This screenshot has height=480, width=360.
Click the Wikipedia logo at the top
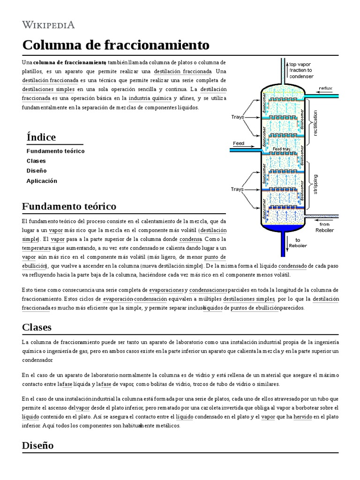49,25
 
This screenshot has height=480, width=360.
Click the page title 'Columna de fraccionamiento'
115,45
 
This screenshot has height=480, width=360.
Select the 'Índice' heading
41,137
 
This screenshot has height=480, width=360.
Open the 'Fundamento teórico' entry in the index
55,151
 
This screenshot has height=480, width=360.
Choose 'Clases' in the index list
36,161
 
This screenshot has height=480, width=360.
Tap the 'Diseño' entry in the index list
37,171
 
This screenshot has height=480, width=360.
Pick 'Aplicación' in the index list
42,181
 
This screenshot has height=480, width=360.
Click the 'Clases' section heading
37,327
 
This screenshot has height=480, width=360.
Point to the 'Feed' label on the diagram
239,143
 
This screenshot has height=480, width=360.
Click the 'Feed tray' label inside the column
282,149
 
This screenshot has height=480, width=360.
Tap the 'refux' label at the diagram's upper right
325,88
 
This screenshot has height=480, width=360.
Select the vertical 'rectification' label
315,123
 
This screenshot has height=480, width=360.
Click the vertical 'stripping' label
315,185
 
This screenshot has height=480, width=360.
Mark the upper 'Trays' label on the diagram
238,117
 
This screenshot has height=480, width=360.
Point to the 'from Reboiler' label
324,227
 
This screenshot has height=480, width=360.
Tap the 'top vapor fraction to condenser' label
301,70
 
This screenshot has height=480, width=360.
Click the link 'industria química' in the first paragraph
150,98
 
